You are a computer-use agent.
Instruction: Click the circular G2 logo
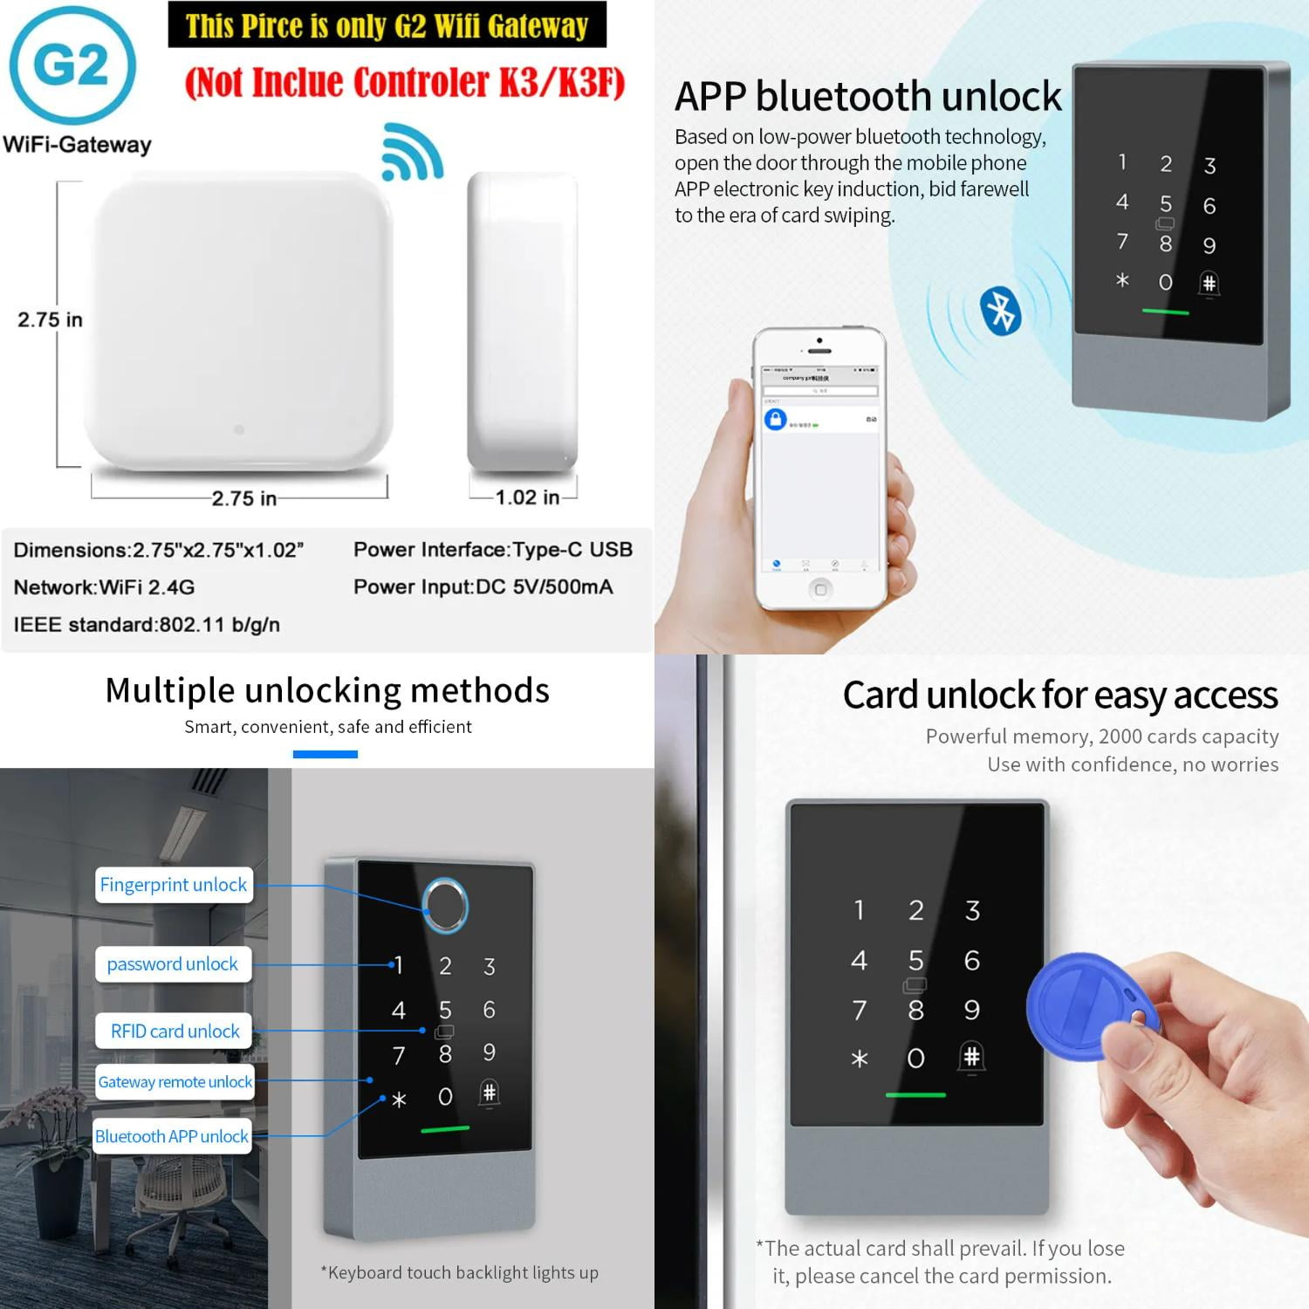coord(73,65)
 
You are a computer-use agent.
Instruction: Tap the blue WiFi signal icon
coord(413,154)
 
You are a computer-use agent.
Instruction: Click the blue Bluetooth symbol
coord(1000,310)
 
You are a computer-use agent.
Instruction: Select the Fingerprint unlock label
coord(174,885)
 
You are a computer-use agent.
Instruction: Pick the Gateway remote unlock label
coord(175,1082)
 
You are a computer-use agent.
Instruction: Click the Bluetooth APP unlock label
coord(172,1136)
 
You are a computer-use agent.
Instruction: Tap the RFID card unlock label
coord(175,1031)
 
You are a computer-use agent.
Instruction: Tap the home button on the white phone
coord(819,590)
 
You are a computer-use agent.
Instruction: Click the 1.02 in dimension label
coord(527,497)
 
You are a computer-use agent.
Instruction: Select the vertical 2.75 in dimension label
coord(50,319)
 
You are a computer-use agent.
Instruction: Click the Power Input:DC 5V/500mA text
coord(483,587)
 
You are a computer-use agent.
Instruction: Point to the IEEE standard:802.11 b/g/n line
coord(147,625)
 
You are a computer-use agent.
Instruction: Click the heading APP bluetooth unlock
coord(867,96)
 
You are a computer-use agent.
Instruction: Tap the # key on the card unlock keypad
coord(971,1057)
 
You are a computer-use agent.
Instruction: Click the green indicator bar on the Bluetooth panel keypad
coord(1165,312)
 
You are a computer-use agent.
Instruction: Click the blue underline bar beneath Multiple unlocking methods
coord(325,754)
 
